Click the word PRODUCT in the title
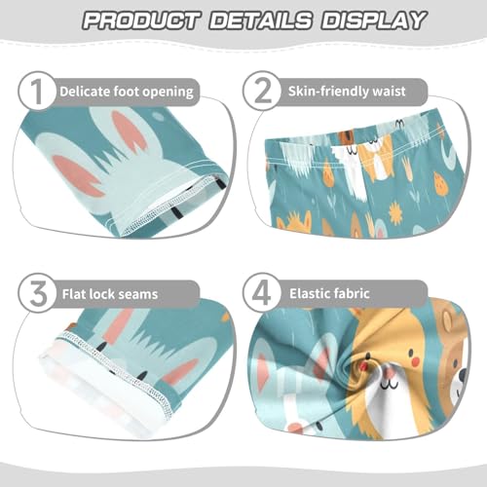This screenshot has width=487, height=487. (x=139, y=19)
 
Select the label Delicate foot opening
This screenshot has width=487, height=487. (x=127, y=92)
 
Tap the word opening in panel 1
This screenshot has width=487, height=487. (x=167, y=92)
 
